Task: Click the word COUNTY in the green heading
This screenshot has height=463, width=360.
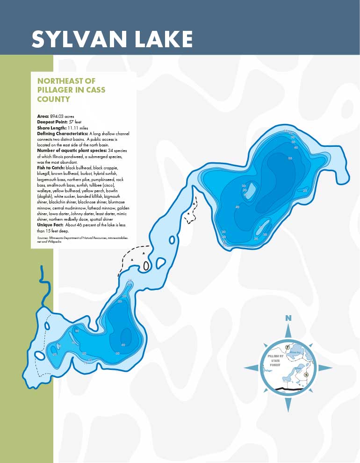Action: [x=53, y=99]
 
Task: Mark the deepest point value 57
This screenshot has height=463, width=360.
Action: [x=72, y=122]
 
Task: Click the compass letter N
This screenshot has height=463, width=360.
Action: [x=288, y=318]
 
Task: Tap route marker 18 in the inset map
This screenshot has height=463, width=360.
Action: [x=306, y=375]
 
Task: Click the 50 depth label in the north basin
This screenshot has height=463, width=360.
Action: [x=290, y=159]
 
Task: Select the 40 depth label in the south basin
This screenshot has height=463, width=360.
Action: [x=123, y=345]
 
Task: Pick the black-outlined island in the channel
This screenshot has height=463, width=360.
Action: [x=146, y=266]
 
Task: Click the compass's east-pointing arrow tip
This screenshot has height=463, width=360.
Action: [x=331, y=368]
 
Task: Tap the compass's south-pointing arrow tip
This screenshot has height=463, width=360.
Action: [x=288, y=411]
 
